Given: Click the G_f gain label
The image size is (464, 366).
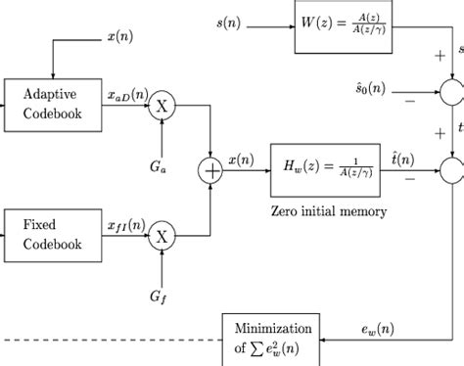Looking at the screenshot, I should [x=159, y=294].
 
